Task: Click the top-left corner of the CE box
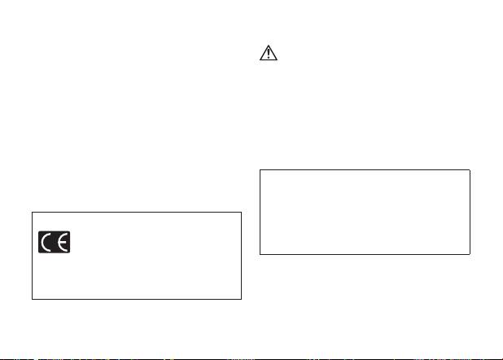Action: [x=33, y=213]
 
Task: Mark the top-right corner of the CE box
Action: [x=242, y=213]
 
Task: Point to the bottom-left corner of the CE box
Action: [x=33, y=300]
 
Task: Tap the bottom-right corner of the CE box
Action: [x=242, y=300]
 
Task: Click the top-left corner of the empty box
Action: [x=260, y=170]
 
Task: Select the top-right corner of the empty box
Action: [x=470, y=170]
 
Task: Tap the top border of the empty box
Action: [x=365, y=170]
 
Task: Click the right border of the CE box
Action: [x=242, y=257]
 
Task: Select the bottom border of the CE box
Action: [x=137, y=300]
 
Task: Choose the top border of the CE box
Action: [x=137, y=213]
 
